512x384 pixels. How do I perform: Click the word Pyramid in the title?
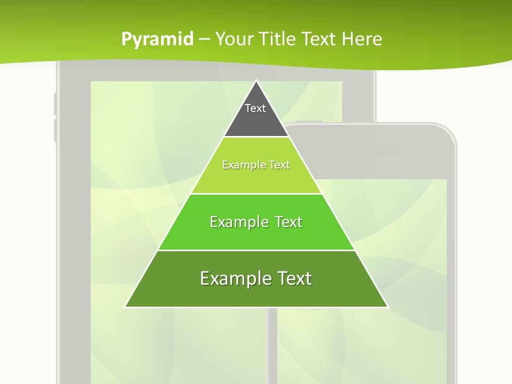(157, 39)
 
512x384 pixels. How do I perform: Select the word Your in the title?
(234, 39)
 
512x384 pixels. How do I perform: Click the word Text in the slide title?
(320, 39)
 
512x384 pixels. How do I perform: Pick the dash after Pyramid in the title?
(204, 39)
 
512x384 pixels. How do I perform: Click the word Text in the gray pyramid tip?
(255, 108)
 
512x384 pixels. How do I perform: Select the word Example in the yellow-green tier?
(243, 165)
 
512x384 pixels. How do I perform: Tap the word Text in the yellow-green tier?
(279, 165)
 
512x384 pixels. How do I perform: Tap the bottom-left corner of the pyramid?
(125, 307)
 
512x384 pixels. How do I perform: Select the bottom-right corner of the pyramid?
(388, 307)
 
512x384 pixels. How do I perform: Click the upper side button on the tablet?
(55, 104)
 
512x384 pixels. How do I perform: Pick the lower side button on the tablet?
(55, 131)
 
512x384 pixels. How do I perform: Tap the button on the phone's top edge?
(309, 122)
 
